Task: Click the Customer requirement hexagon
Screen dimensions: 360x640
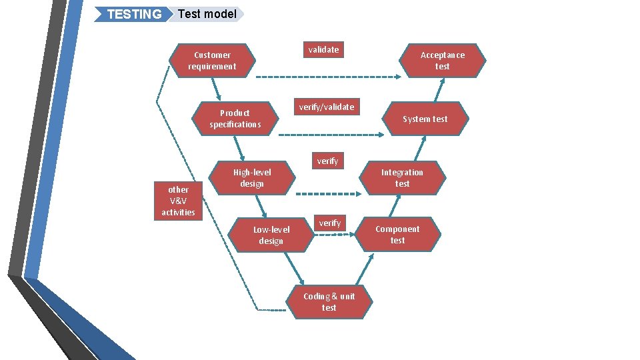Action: pos(212,61)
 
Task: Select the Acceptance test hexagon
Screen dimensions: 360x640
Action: pos(443,61)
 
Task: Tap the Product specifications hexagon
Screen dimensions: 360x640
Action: pos(235,119)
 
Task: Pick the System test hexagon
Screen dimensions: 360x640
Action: pos(425,119)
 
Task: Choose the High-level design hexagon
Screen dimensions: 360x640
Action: pos(252,178)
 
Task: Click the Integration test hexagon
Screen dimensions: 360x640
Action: pos(402,178)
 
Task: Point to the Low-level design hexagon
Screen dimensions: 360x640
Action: pos(271,235)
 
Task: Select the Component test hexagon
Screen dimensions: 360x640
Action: pos(397,235)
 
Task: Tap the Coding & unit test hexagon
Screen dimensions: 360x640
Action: pos(329,302)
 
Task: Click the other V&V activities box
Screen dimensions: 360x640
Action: pos(178,201)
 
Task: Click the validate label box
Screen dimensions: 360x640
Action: pos(323,50)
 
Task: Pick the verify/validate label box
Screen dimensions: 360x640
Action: pos(327,107)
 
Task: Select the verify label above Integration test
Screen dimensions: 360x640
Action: pos(327,161)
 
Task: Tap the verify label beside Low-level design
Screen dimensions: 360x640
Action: pos(329,223)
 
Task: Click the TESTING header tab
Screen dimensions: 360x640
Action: pos(133,14)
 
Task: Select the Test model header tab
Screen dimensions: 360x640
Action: pos(207,14)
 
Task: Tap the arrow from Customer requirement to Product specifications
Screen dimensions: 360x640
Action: pos(215,89)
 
